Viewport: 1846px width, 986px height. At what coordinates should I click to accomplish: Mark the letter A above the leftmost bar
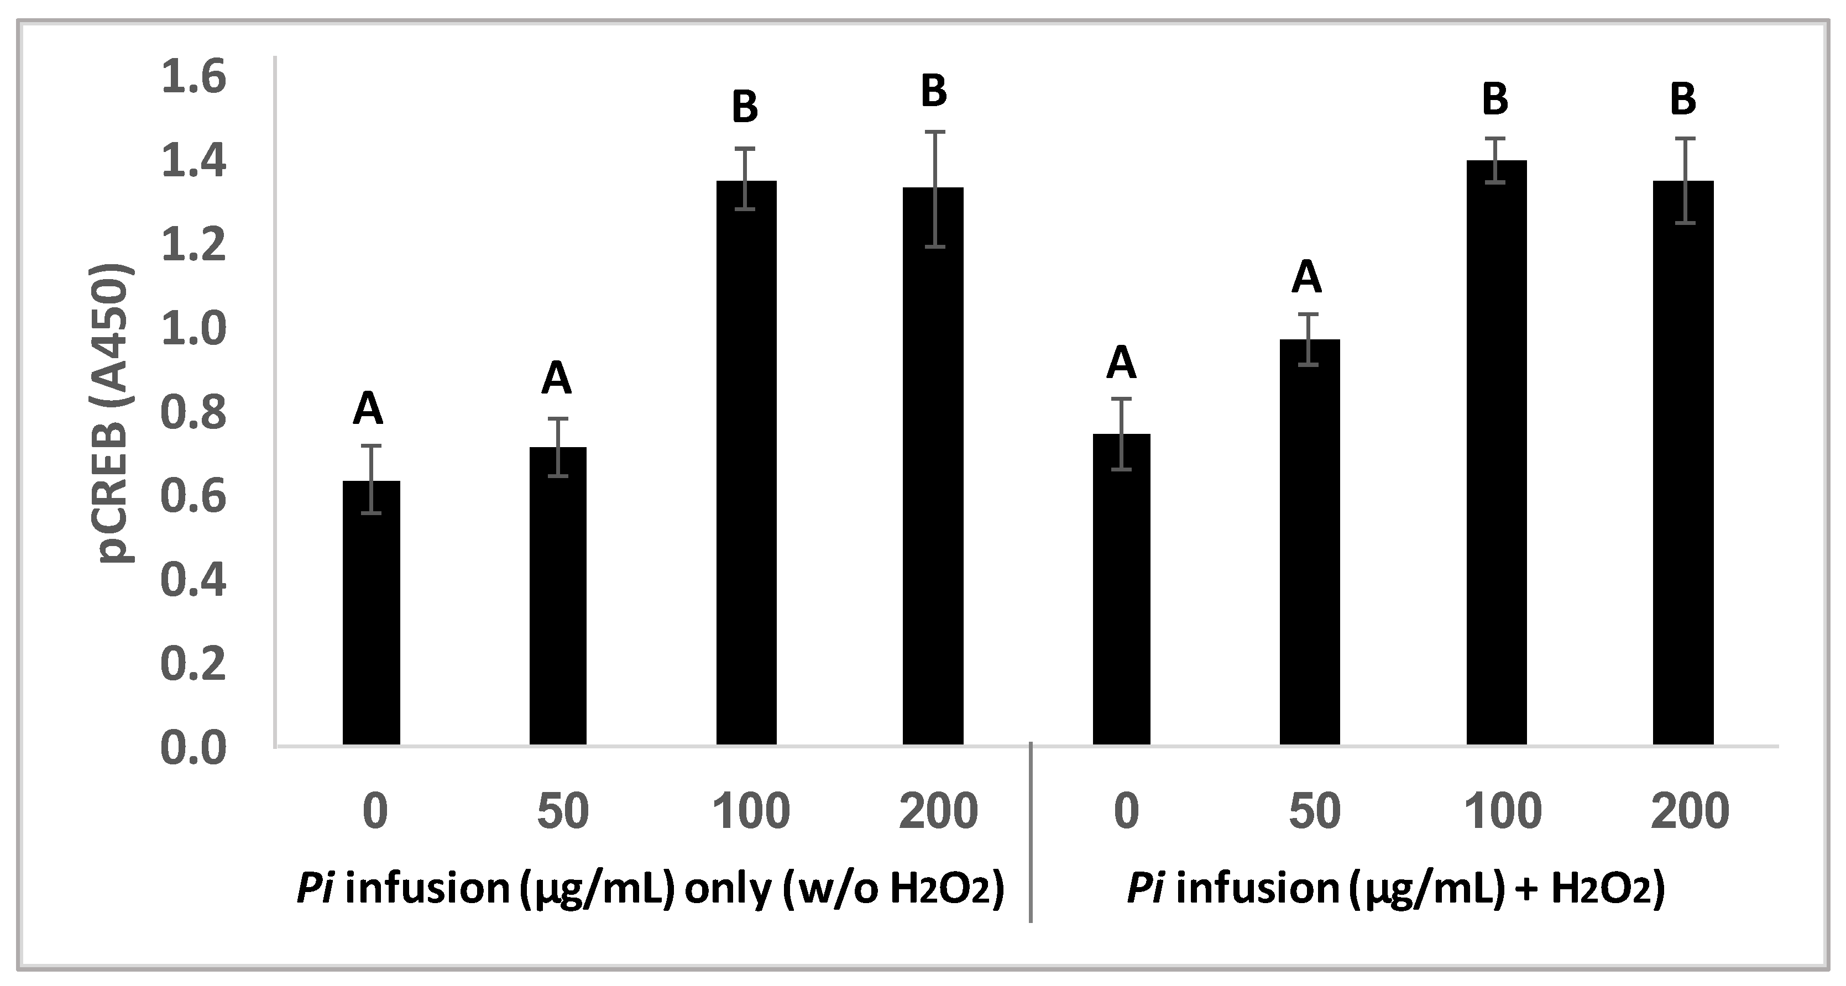(x=368, y=409)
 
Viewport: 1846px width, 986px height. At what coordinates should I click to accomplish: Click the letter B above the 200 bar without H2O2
(x=934, y=92)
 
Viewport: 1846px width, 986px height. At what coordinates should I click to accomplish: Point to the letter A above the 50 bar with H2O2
(x=1306, y=277)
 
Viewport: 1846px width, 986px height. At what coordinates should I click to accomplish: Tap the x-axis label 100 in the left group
(x=750, y=812)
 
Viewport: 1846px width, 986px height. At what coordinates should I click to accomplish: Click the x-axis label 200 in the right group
(x=1689, y=812)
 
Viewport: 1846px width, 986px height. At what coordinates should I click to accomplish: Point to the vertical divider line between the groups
(x=1031, y=831)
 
